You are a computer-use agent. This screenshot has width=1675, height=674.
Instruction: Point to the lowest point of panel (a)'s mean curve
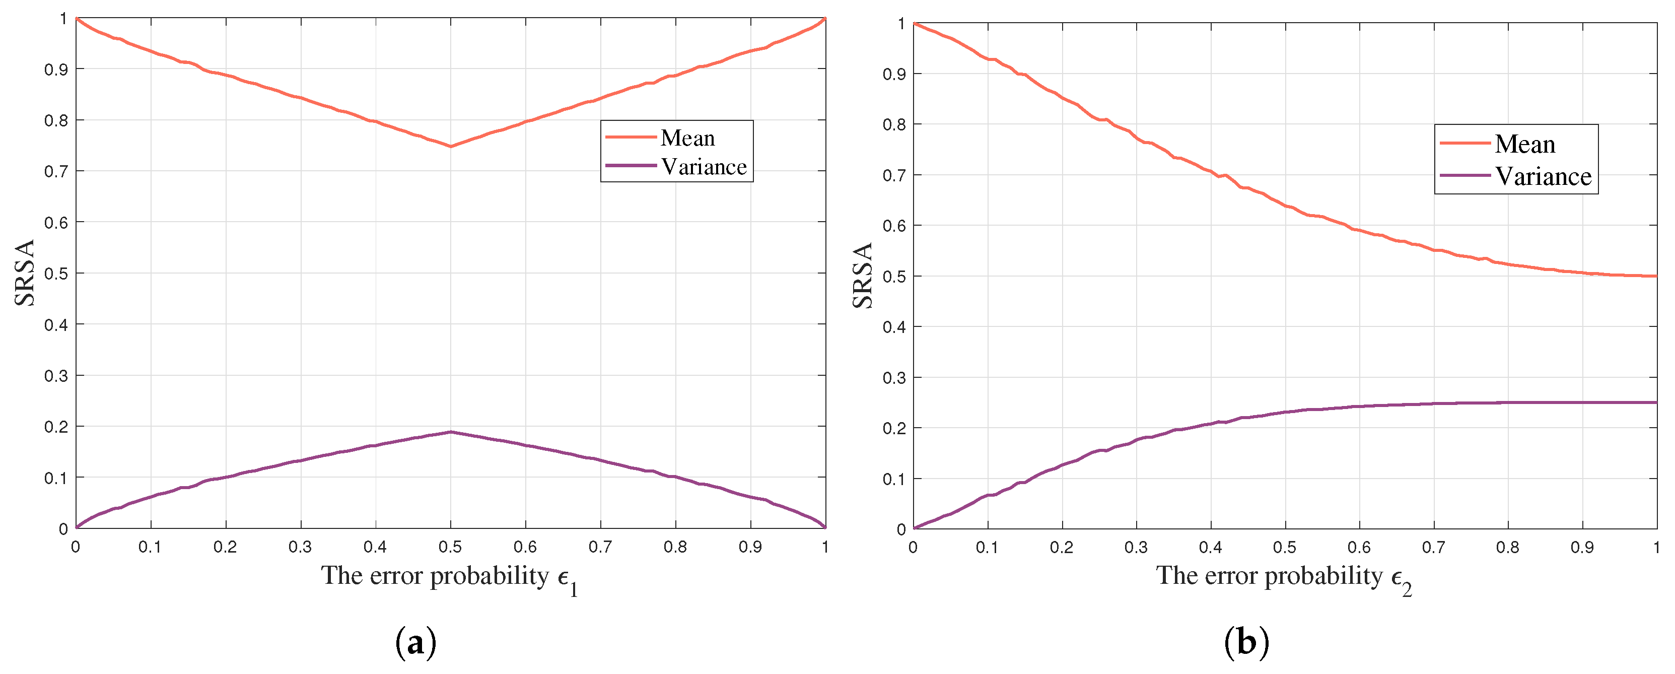point(451,147)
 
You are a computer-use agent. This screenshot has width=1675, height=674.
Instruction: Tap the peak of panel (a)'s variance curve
point(451,432)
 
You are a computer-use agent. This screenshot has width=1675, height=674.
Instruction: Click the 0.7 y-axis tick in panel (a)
point(56,171)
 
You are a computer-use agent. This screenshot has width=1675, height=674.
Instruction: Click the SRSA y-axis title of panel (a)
point(25,273)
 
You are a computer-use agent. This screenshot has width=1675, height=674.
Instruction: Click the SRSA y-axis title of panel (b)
point(862,276)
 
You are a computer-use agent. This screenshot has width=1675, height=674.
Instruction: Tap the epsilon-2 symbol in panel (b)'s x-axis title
point(1401,579)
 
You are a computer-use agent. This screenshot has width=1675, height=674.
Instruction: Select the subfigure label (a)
point(415,643)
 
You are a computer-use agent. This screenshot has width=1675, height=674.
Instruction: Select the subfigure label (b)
point(1246,643)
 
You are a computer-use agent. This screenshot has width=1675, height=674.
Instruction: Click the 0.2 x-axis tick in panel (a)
point(225,547)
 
